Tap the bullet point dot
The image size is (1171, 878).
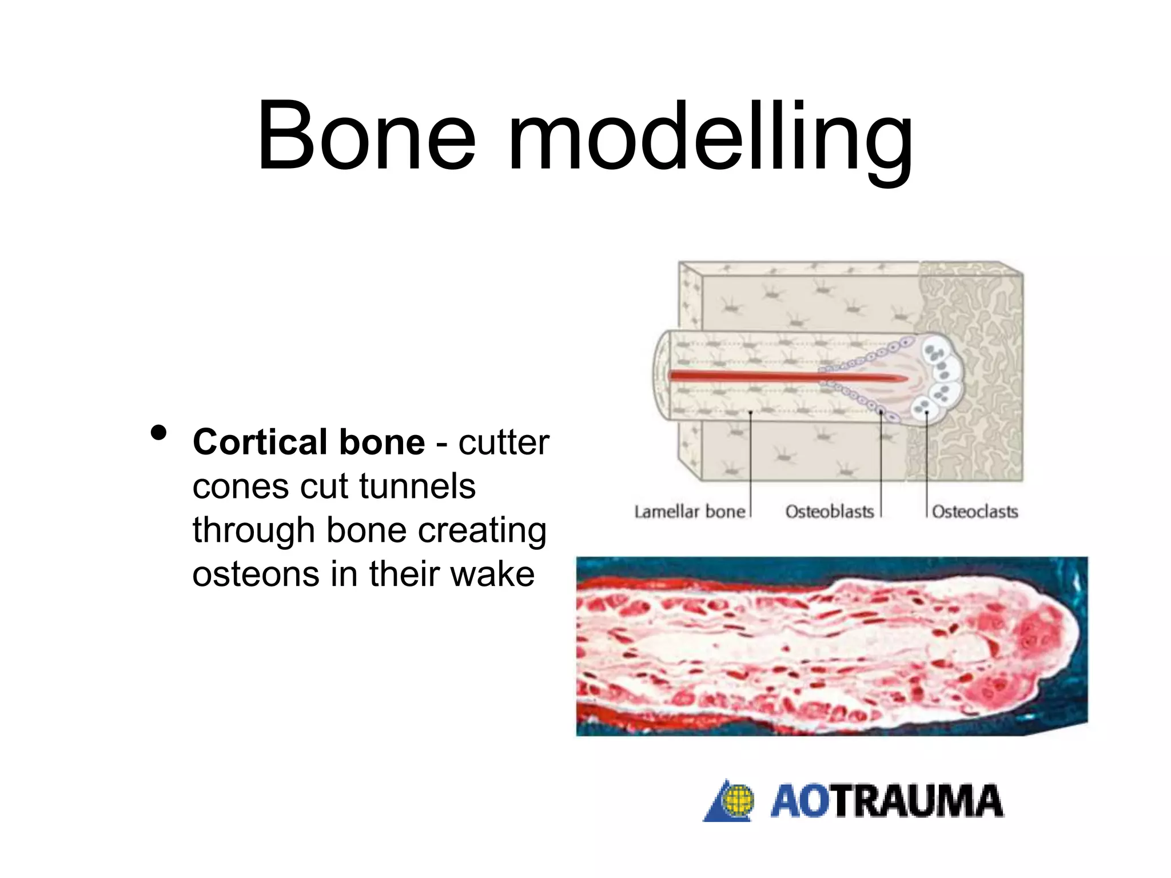click(x=158, y=433)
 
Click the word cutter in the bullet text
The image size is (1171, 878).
click(x=503, y=442)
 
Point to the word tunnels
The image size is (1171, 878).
click(x=417, y=486)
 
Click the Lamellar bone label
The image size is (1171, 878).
click(x=690, y=512)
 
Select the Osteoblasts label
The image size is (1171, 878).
click(x=829, y=512)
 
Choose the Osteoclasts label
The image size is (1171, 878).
click(x=975, y=512)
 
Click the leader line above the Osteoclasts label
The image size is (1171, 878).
click(x=926, y=469)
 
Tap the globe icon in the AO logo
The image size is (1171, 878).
click(x=738, y=800)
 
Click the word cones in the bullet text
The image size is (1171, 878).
click(x=240, y=486)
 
